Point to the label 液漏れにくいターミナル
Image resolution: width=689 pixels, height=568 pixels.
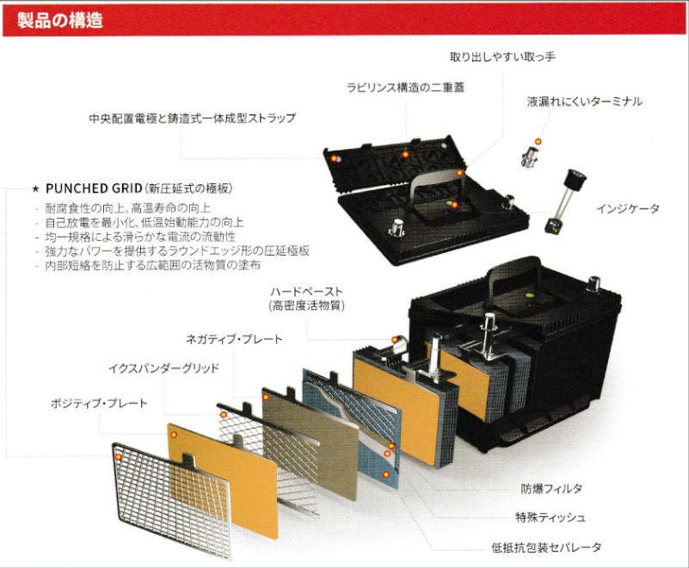click(584, 102)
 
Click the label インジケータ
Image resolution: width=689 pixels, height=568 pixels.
click(627, 209)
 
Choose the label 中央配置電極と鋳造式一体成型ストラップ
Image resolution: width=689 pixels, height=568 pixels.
click(192, 118)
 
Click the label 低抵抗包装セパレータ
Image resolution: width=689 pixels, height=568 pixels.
click(546, 547)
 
